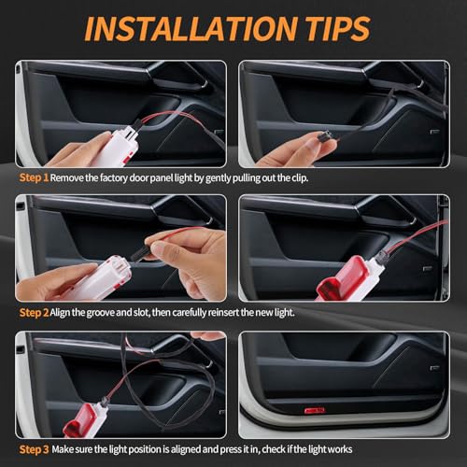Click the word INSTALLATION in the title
pyautogui.click(x=191, y=28)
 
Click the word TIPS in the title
pyautogui.click(x=338, y=28)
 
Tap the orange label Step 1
pyautogui.click(x=34, y=177)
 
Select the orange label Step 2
pyautogui.click(x=34, y=313)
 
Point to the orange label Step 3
pyautogui.click(x=34, y=449)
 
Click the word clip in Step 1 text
pyautogui.click(x=300, y=178)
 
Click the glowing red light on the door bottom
pyautogui.click(x=315, y=411)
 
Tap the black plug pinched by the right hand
pyautogui.click(x=141, y=255)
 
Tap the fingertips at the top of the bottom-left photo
pyautogui.click(x=207, y=335)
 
